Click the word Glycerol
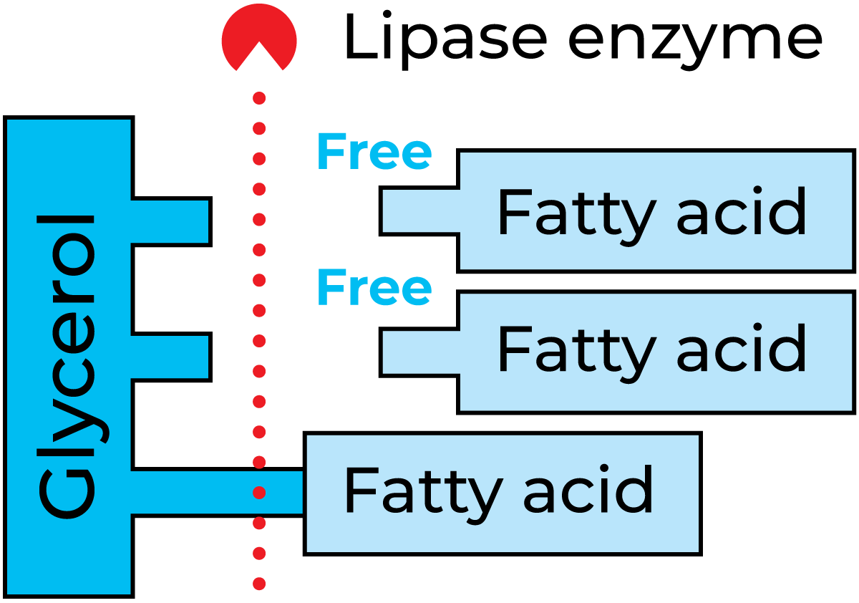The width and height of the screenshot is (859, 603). click(68, 365)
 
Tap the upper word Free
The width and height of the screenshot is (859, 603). click(374, 152)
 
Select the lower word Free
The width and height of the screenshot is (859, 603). click(374, 287)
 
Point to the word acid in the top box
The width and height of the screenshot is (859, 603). click(742, 213)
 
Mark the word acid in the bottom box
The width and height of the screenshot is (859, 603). click(588, 491)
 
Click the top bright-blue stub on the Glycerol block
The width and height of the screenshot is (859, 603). click(170, 221)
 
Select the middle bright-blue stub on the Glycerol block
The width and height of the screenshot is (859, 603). click(170, 357)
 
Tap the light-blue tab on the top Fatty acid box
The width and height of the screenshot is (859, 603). click(421, 211)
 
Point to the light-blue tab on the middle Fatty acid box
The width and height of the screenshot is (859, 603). click(421, 352)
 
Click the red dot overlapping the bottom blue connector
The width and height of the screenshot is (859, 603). click(259, 493)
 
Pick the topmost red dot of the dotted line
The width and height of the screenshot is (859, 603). click(259, 97)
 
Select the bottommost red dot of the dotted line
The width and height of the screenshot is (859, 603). click(259, 584)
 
